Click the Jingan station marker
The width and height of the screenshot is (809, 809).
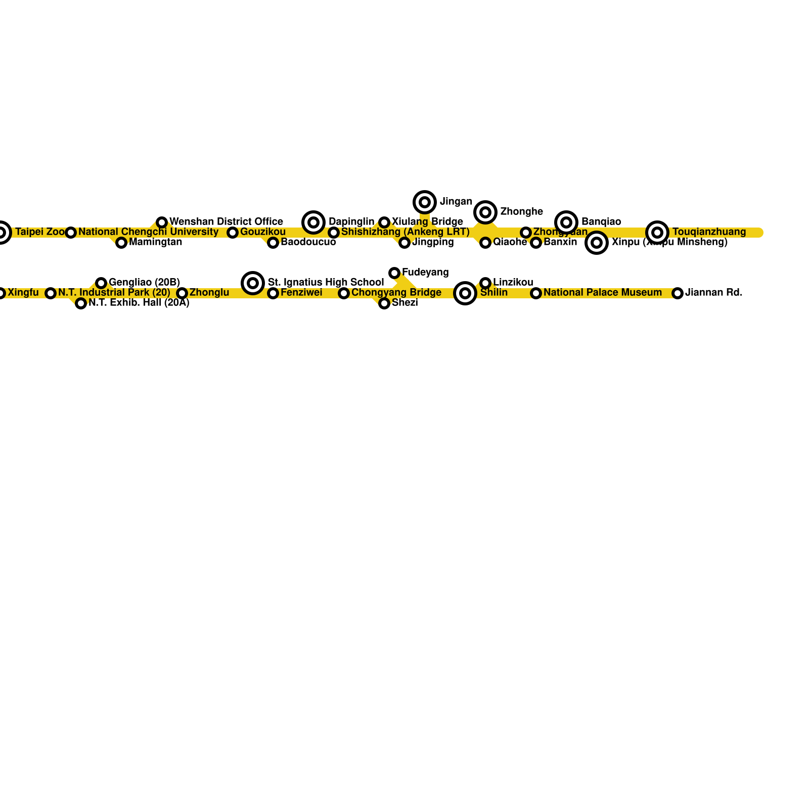tap(425, 202)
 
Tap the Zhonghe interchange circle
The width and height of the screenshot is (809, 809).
tap(485, 212)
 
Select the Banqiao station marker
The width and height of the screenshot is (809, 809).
tap(566, 222)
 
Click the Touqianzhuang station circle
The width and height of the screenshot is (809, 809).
tap(657, 233)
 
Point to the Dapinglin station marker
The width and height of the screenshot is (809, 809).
tap(313, 222)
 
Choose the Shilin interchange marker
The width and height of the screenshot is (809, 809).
tap(465, 293)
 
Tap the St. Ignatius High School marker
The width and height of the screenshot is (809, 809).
tap(253, 283)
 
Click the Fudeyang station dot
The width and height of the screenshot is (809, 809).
tap(394, 273)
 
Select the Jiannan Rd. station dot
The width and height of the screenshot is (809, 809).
tap(678, 293)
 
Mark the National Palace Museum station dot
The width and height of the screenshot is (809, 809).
tap(536, 293)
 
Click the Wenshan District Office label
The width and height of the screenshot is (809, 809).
tap(226, 222)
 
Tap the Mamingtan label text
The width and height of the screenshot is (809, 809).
tap(155, 242)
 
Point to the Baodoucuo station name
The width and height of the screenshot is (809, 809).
tap(308, 242)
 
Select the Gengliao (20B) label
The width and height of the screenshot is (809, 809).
tap(144, 283)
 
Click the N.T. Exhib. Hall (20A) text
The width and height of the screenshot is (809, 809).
tap(139, 303)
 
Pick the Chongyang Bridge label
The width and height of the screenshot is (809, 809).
tap(396, 293)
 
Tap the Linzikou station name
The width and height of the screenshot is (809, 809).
tap(513, 282)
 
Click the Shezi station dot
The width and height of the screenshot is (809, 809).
tap(384, 303)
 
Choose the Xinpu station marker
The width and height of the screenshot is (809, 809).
tap(597, 243)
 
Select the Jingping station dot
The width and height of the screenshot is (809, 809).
tap(404, 243)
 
